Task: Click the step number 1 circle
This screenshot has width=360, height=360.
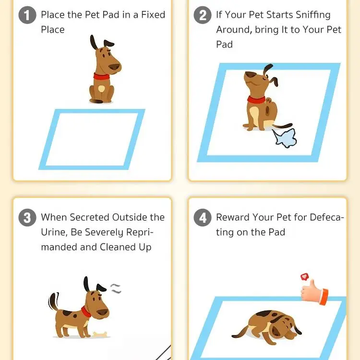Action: pyautogui.click(x=27, y=15)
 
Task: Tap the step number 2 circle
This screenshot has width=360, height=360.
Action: pyautogui.click(x=203, y=15)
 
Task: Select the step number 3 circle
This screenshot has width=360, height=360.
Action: pyautogui.click(x=27, y=218)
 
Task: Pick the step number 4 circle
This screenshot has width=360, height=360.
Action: pyautogui.click(x=203, y=218)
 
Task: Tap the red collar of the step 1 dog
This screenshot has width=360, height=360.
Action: pyautogui.click(x=101, y=76)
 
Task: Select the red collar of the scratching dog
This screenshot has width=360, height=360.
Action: pyautogui.click(x=256, y=100)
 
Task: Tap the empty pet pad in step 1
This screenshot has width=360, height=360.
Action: pyautogui.click(x=91, y=139)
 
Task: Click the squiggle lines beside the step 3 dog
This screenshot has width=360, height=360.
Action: pyautogui.click(x=115, y=288)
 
